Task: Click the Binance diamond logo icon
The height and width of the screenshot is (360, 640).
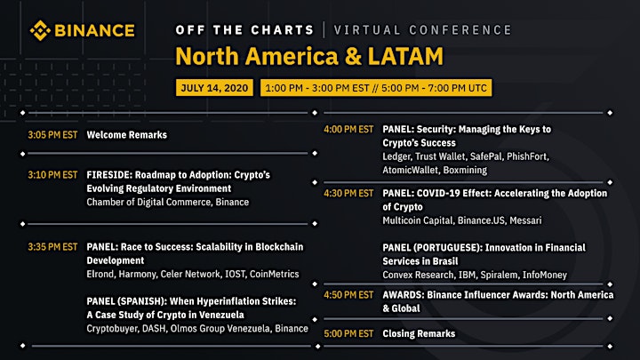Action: [x=40, y=30]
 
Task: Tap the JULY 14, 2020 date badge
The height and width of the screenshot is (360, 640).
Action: [x=214, y=88]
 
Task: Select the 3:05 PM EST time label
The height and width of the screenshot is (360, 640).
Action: [x=52, y=135]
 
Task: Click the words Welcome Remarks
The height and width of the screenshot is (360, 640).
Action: [x=126, y=135]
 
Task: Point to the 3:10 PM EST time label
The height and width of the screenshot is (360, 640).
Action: [x=52, y=175]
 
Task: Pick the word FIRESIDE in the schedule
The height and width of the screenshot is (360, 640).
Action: [x=109, y=175]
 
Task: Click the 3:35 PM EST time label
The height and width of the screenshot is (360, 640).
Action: [x=52, y=247]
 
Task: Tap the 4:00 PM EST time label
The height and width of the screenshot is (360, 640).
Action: [x=348, y=130]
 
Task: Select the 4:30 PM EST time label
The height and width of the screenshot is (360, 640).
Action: [x=348, y=194]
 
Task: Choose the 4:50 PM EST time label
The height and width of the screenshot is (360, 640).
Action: [x=348, y=295]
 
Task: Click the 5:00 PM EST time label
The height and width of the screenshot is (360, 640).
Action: [x=348, y=334]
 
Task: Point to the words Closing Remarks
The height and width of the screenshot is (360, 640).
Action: [x=419, y=334]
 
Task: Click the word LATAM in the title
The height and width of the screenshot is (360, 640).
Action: [x=405, y=56]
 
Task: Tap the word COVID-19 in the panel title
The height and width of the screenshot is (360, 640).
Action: [x=438, y=194]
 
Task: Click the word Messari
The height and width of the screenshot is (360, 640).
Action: [x=525, y=220]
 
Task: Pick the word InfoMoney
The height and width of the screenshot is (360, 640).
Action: [x=545, y=275]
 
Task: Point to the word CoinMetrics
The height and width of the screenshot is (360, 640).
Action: [x=275, y=275]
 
